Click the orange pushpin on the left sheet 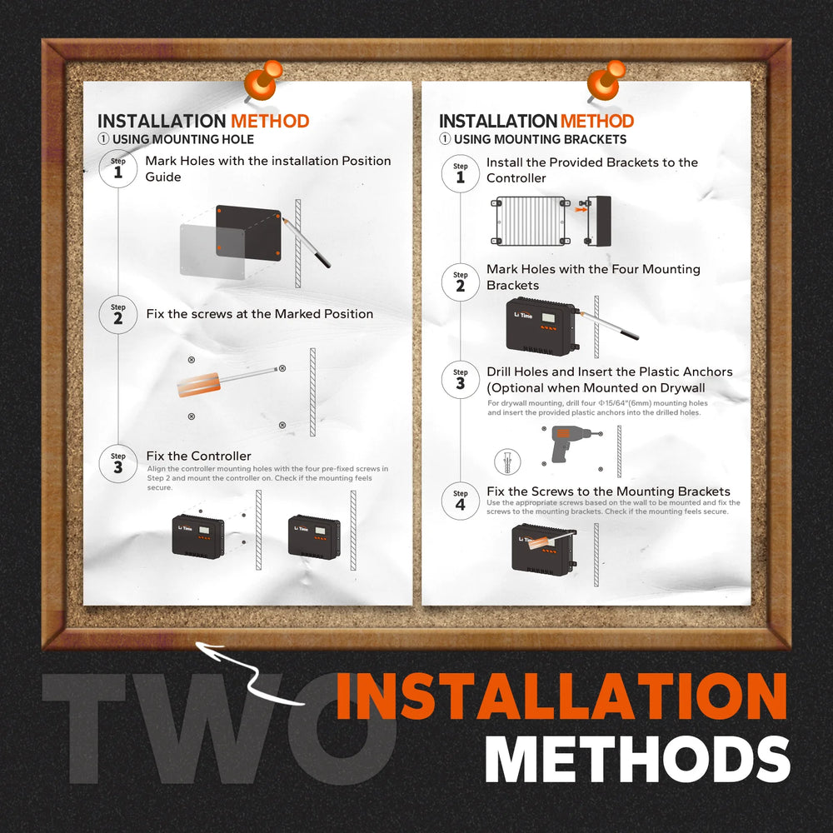[x=263, y=81]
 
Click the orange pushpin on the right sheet [x=606, y=81]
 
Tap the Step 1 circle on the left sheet [x=118, y=168]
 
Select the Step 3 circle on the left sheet [x=118, y=463]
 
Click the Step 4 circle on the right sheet [x=460, y=501]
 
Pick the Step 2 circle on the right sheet [x=460, y=282]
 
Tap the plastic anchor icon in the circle [x=507, y=461]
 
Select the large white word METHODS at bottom [x=637, y=760]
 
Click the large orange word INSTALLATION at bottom [x=561, y=696]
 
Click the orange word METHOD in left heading [x=270, y=121]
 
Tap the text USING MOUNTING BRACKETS [x=541, y=139]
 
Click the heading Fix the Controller [x=199, y=456]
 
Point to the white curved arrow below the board [x=250, y=676]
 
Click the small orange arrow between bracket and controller [x=581, y=210]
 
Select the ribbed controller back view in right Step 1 [x=530, y=221]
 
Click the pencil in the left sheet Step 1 [x=306, y=242]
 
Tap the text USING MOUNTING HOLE [x=183, y=139]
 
